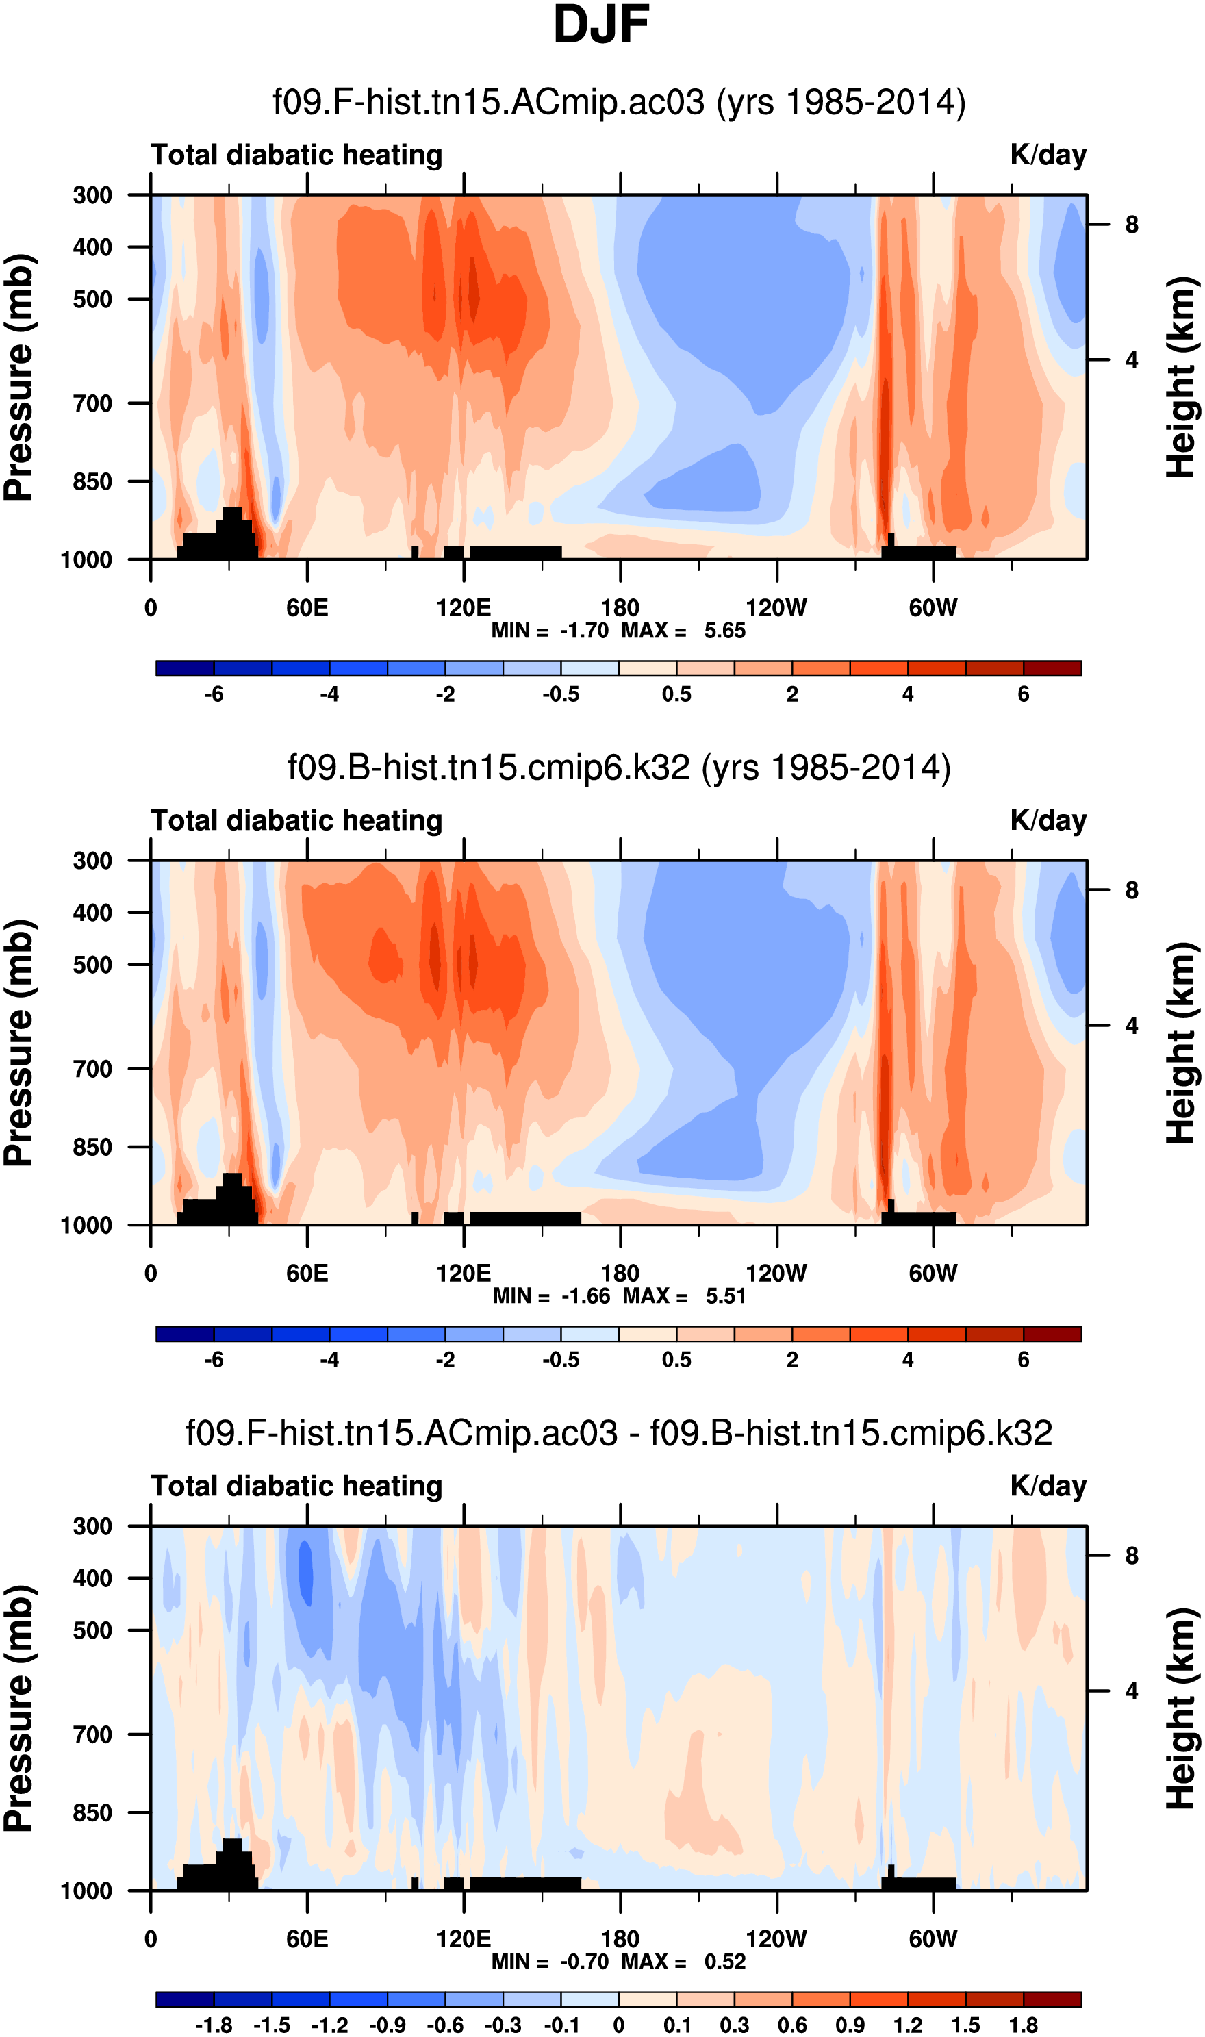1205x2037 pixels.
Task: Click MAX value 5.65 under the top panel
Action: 724,631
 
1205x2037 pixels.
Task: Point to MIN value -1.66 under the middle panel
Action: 585,1297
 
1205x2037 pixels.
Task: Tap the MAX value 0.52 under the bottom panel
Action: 724,1962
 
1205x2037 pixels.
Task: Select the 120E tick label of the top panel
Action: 464,608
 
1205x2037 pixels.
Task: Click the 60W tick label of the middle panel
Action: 933,1273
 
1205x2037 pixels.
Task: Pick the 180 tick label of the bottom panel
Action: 620,1939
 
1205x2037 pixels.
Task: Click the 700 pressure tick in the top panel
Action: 92,403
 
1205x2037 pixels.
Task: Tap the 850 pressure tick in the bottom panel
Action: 92,1813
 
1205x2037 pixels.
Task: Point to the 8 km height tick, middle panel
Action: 1131,891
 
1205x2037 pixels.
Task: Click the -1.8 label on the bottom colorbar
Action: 214,2025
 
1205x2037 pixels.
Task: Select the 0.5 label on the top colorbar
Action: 676,695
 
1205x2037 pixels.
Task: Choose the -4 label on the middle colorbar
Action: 330,1360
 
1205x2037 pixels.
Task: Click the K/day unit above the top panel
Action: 1048,155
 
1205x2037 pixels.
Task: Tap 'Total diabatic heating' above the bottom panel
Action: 296,1486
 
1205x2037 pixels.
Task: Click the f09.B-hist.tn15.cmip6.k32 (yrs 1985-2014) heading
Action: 619,768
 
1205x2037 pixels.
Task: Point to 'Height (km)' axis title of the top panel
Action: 1182,377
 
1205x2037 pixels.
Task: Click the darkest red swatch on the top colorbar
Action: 1052,669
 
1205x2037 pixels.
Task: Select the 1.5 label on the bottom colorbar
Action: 965,2025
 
